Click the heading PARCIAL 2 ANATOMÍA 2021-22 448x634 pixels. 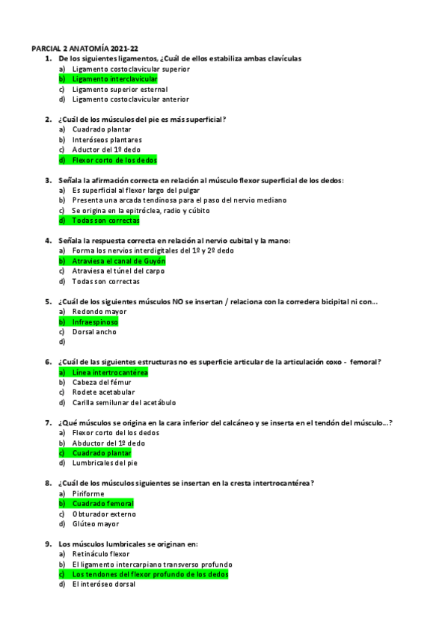point(85,48)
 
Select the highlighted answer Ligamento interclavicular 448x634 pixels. point(114,79)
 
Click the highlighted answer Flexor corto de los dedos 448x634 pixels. point(114,160)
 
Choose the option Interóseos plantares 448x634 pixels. point(107,140)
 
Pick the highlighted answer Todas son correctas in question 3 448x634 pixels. point(105,221)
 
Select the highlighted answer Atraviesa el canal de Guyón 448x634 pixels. point(118,261)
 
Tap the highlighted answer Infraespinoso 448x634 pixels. point(95,321)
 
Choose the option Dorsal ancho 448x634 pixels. point(94,332)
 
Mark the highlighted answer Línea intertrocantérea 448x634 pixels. point(110,372)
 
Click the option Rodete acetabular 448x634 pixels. point(103,393)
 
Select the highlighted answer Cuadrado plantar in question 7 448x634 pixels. point(101,453)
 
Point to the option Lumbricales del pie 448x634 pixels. point(105,464)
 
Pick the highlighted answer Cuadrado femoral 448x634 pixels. point(102,504)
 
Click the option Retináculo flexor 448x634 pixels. point(100,554)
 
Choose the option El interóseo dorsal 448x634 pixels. point(104,585)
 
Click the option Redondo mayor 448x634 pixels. point(99,312)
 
